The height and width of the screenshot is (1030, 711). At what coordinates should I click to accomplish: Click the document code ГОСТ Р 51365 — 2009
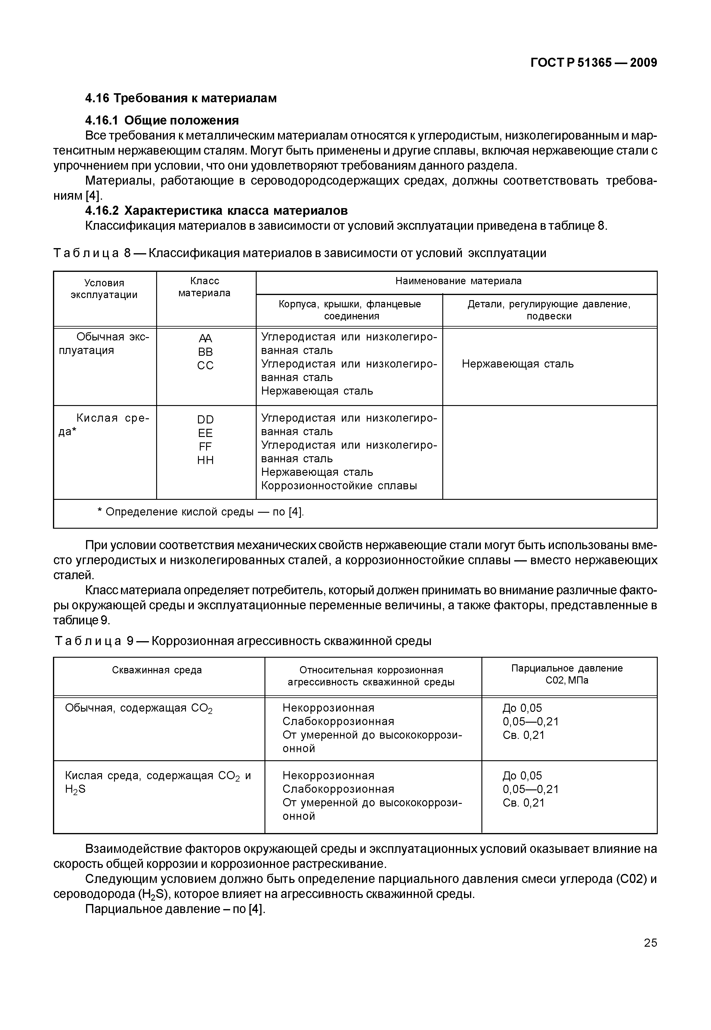click(593, 63)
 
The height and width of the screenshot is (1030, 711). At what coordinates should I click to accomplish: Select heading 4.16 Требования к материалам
click(181, 98)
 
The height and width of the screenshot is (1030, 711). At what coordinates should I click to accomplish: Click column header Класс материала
click(205, 287)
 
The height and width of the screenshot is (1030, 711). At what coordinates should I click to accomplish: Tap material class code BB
click(206, 352)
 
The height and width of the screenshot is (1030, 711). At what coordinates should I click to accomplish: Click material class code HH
click(206, 460)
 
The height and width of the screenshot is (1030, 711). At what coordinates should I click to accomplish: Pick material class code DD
click(206, 420)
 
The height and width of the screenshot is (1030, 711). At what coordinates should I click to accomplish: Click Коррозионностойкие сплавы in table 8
click(339, 486)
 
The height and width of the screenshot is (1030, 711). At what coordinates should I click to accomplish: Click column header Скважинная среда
click(157, 670)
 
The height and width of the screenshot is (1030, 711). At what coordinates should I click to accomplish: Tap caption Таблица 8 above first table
click(299, 253)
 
